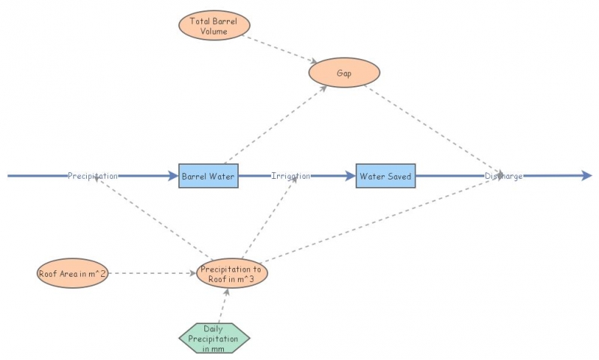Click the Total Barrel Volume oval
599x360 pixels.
point(214,25)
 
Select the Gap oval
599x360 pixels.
point(344,73)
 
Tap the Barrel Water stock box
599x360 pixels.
point(208,176)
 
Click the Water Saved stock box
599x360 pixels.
point(385,176)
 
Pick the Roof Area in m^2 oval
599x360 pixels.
point(73,273)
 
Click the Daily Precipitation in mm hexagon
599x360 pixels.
point(214,338)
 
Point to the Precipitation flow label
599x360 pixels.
point(93,176)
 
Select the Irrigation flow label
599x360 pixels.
point(291,176)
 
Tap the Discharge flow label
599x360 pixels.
point(503,176)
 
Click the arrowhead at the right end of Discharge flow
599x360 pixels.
point(586,176)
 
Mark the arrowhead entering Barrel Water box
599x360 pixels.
point(172,176)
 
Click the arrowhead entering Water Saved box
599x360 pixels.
point(350,176)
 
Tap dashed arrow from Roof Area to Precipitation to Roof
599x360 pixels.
point(153,273)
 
